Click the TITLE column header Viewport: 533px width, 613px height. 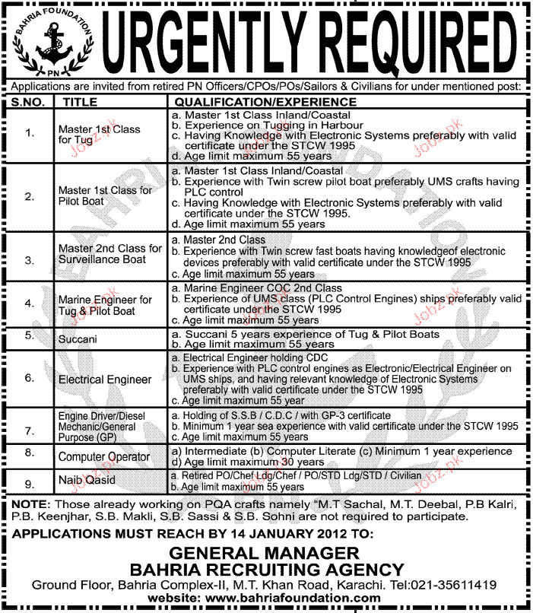[82, 101]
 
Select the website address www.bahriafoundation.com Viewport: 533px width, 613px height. [298, 599]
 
